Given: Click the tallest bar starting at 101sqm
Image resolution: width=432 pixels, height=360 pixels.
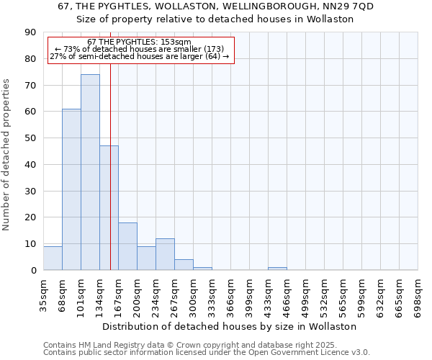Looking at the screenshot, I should coord(90,173).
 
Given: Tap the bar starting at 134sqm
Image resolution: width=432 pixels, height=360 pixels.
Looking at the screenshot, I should coord(109,208).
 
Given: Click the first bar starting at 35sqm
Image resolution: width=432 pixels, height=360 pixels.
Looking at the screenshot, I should coord(53,258).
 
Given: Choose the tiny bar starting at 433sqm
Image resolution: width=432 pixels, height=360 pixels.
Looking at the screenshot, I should coord(277,269).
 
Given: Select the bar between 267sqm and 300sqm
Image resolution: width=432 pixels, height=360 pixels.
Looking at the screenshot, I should coord(184,265).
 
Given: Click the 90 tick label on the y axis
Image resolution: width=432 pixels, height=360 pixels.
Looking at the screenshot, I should coord(30,32).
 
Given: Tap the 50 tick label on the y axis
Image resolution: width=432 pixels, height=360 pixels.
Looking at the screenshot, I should coord(30,138).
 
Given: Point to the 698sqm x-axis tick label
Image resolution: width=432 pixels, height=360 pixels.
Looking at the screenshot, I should coord(418,295).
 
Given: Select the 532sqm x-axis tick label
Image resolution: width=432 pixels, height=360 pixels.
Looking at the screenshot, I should coord(324,295).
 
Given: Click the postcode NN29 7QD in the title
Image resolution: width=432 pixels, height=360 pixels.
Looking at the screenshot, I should coord(348,6).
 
